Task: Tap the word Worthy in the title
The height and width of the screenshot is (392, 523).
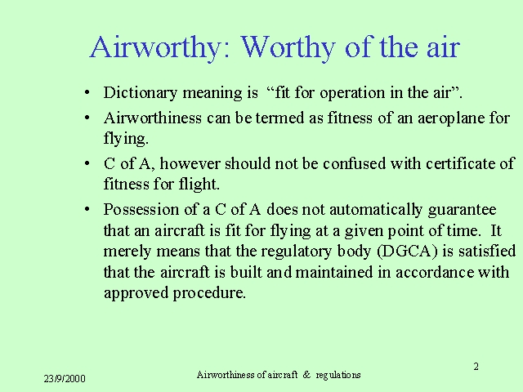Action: coord(288,48)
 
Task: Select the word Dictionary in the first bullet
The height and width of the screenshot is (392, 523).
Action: coord(141,92)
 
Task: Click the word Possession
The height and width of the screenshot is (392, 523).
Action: coord(141,210)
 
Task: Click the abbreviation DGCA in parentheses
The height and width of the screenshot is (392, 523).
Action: coord(407,252)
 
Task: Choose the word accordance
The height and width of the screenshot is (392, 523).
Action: coord(435,272)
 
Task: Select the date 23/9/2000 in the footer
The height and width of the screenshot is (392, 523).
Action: coord(65,379)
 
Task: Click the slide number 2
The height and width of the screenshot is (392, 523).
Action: coord(476,367)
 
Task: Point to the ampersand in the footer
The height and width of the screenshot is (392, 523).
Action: coord(306,375)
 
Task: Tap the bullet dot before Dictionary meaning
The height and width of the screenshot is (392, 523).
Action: coord(87,92)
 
